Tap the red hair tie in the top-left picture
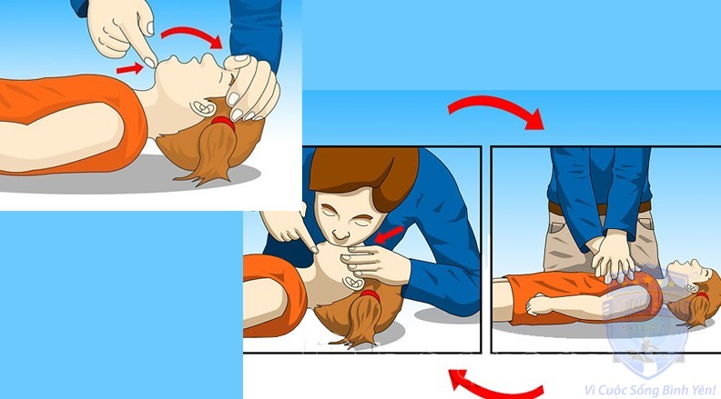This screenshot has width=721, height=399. pos(223,123)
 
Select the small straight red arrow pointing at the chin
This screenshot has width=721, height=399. pos(129,68)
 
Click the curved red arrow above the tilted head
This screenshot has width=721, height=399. pos(192,36)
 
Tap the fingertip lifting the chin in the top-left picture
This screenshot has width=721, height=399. pos(149,62)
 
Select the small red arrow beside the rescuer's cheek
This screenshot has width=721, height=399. pos(389,234)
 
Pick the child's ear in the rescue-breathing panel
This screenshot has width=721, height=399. pos(355,282)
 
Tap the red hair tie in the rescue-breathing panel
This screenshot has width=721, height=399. pos(371,295)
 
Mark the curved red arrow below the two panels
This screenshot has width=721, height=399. pos(497,386)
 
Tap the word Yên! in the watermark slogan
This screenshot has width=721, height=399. pos(703,390)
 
